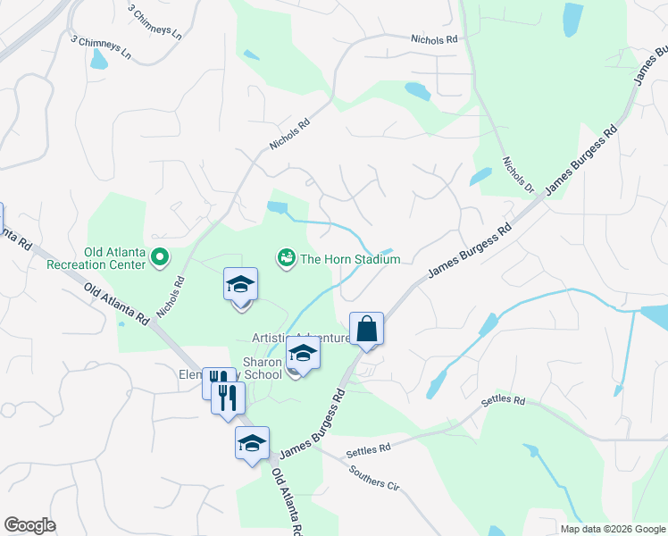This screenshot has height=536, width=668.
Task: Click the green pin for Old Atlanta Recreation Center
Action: click(x=160, y=259)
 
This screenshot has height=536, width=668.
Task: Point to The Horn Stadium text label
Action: click(x=350, y=259)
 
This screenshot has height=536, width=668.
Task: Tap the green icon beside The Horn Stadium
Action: click(x=286, y=259)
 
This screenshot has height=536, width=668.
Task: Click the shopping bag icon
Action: click(x=366, y=329)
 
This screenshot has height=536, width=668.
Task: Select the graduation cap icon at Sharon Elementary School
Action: click(x=303, y=356)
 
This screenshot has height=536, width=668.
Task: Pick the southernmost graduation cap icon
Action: click(x=252, y=443)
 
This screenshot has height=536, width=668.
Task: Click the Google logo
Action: click(x=29, y=525)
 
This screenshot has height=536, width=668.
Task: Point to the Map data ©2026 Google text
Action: click(x=612, y=529)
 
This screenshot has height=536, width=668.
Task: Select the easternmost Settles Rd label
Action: click(x=503, y=400)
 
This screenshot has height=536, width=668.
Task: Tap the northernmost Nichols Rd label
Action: click(x=434, y=39)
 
